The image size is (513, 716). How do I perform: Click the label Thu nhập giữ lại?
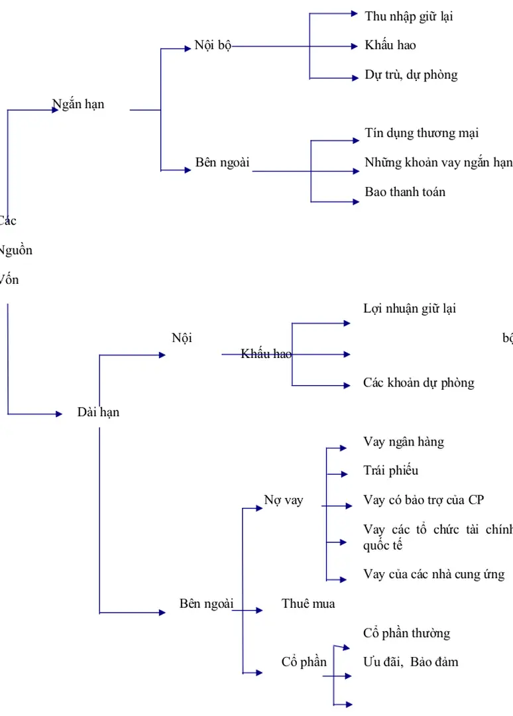(x=408, y=17)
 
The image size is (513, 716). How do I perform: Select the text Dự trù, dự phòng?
(x=411, y=75)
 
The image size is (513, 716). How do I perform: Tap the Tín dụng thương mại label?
(x=422, y=133)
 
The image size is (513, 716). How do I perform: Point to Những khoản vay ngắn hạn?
(x=438, y=162)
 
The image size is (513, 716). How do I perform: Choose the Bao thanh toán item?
(x=405, y=192)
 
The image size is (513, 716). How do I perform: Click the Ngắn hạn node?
(x=78, y=104)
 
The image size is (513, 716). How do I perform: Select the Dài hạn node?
(x=98, y=412)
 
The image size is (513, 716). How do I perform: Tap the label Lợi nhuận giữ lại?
(x=409, y=309)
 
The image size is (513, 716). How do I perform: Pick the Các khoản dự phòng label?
(x=418, y=383)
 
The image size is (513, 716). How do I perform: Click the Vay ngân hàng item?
(x=404, y=442)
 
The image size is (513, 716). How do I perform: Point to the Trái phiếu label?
(x=390, y=471)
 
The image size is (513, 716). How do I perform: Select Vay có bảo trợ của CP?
(x=424, y=500)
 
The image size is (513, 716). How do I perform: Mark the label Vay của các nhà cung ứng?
(x=433, y=575)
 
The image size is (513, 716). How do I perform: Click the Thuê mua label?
(x=308, y=604)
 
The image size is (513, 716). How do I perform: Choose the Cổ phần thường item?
(x=406, y=634)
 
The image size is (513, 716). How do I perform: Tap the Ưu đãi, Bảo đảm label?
(x=410, y=662)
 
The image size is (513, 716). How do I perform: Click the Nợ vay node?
(x=284, y=501)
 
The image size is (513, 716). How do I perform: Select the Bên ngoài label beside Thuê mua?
(x=206, y=604)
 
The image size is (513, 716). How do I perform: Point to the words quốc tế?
(x=383, y=546)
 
